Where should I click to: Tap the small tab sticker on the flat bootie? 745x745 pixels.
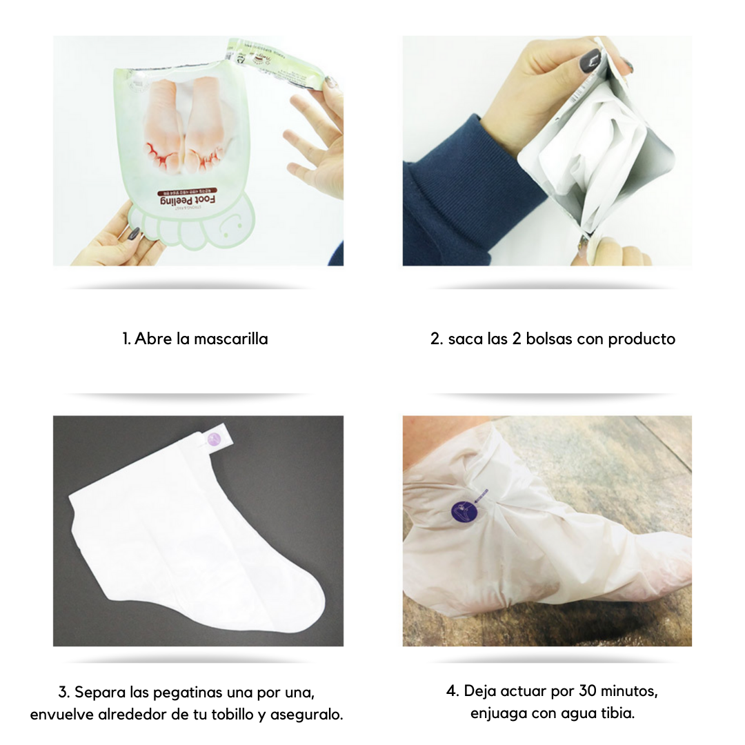[x=213, y=440]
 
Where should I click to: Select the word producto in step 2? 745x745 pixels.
[x=641, y=339]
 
